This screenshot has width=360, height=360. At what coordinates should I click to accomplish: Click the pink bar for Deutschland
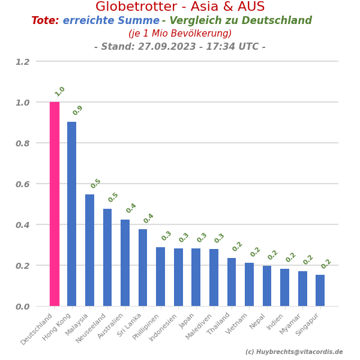tap(55, 204)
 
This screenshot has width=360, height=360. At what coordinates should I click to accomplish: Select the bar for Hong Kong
tap(72, 214)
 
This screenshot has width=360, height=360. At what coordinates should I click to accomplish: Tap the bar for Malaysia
tap(89, 250)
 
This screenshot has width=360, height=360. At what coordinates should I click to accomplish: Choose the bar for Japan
tap(196, 277)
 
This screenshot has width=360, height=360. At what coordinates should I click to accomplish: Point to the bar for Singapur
tap(320, 290)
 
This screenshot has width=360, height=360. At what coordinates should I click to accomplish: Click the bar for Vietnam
tap(249, 284)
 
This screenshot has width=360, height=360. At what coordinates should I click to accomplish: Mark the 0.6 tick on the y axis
tap(22, 184)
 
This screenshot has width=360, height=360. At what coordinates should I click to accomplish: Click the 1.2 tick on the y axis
tap(22, 61)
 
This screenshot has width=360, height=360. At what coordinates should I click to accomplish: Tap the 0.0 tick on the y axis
tap(22, 306)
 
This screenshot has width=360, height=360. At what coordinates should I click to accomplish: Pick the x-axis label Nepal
tap(258, 320)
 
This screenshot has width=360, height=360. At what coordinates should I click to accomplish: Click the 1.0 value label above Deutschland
tap(60, 92)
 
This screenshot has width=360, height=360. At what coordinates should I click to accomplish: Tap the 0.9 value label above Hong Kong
tap(78, 110)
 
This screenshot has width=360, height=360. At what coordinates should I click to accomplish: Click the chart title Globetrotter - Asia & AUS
tap(180, 7)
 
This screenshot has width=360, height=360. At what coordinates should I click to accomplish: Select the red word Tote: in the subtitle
tap(45, 21)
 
